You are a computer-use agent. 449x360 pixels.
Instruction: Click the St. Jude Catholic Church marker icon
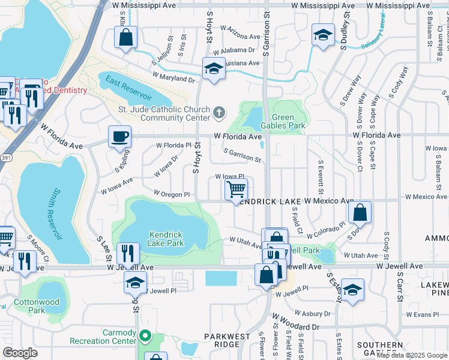click(x=220, y=112)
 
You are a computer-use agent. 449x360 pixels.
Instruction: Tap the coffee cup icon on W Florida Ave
click(x=119, y=137)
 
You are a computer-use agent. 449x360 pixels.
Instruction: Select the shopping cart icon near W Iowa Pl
click(x=237, y=190)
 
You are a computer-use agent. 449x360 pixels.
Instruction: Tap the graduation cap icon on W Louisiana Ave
click(x=214, y=69)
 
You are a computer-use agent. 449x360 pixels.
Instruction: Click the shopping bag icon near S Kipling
click(x=126, y=38)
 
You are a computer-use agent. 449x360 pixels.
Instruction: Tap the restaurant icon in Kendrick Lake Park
click(x=127, y=253)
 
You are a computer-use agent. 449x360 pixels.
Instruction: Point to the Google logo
click(x=20, y=353)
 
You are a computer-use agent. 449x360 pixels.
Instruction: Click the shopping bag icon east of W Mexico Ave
click(x=360, y=212)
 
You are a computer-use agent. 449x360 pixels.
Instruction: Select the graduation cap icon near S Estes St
click(x=352, y=289)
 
